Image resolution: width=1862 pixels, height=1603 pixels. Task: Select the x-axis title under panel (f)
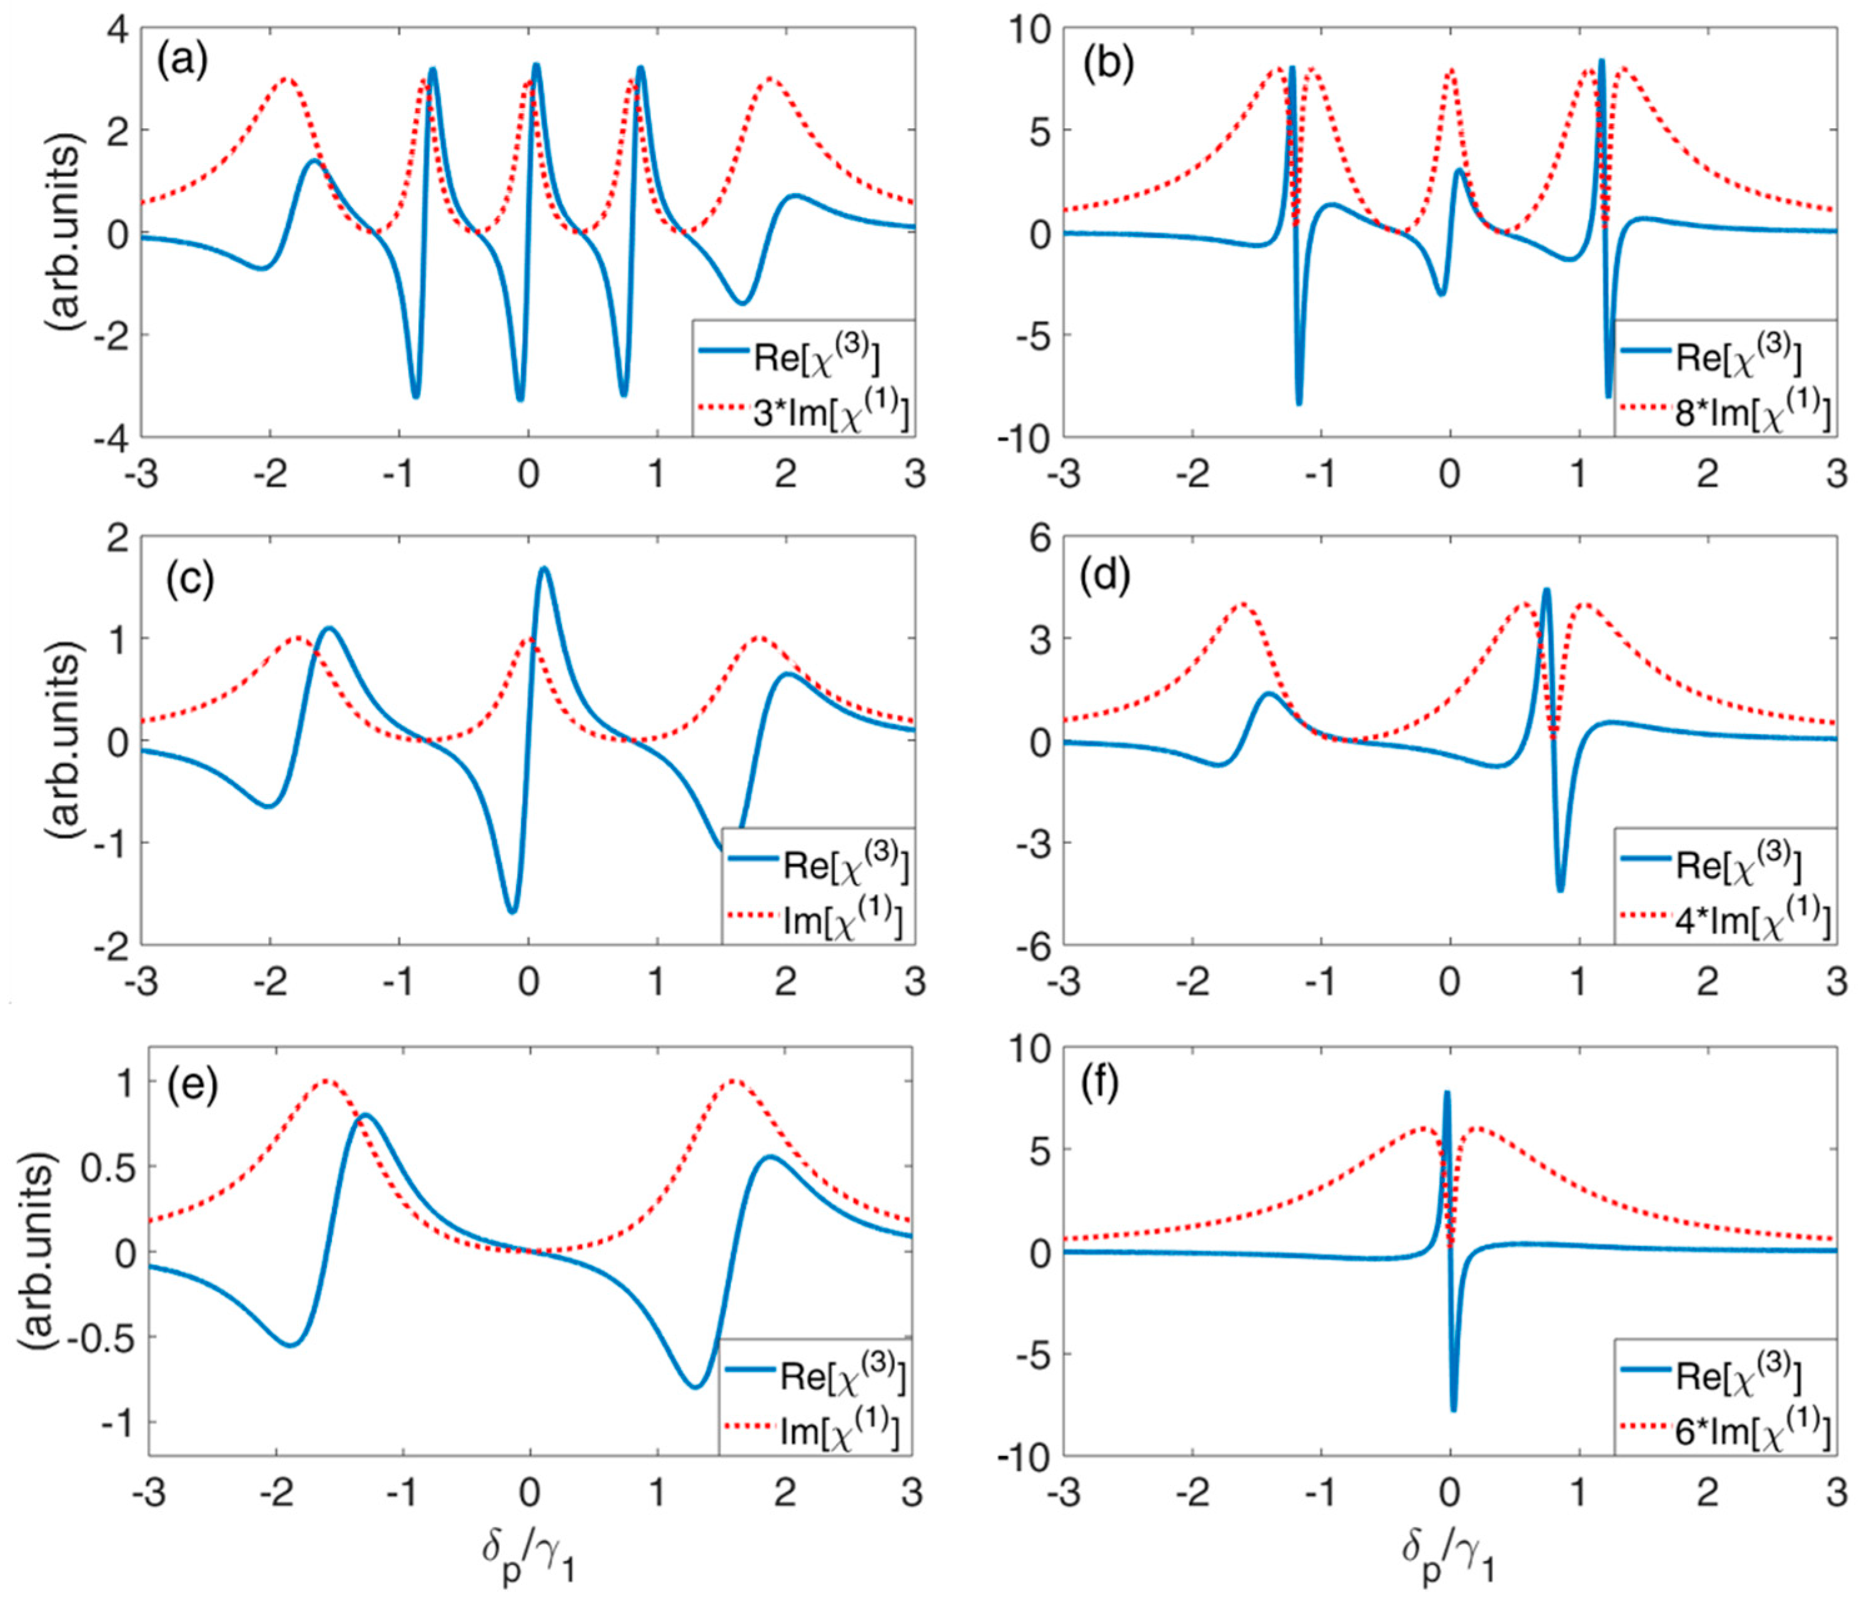[x=1449, y=1559]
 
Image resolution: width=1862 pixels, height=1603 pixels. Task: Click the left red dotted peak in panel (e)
[x=325, y=1081]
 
